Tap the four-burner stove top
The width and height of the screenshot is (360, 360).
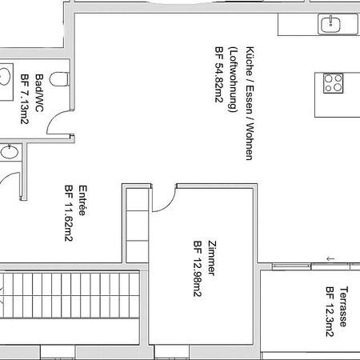point(334,83)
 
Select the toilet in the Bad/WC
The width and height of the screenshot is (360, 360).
point(60,79)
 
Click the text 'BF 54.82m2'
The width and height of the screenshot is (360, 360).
point(219,74)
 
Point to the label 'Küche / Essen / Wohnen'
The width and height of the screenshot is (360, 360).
point(250,103)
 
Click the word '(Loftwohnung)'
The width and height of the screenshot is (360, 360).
point(233,80)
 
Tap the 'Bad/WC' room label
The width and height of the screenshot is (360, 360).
point(39,93)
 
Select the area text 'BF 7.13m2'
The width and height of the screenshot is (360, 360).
point(25,99)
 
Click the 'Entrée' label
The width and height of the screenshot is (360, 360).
point(82,200)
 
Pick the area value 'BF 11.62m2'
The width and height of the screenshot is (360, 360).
point(69,213)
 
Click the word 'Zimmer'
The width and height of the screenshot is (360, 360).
point(212,258)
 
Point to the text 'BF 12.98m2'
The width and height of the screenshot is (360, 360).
point(198,269)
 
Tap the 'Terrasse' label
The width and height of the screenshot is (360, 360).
point(344,306)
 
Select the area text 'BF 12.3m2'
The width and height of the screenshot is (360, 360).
point(330,312)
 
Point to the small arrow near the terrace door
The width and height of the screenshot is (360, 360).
point(330,258)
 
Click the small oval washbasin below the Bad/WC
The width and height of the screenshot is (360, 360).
point(10,152)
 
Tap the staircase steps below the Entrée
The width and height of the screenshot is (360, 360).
point(70,294)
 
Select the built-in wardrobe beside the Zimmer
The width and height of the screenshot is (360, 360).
point(137,226)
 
